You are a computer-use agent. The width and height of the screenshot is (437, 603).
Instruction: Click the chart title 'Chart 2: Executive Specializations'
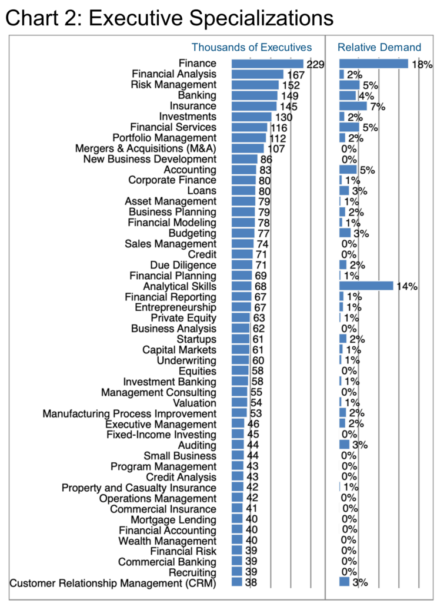169,18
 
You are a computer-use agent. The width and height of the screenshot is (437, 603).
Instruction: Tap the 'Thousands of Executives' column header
252,47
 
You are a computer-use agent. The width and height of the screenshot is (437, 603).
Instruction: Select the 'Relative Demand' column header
379,47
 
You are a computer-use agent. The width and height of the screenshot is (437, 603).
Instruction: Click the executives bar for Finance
267,64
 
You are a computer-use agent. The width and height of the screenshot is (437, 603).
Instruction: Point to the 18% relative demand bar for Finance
373,64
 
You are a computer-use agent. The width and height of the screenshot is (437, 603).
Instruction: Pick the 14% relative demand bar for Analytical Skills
366,286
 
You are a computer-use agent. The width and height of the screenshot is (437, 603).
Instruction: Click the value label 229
315,64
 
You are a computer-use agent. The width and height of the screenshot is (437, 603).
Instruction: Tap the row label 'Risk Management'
174,85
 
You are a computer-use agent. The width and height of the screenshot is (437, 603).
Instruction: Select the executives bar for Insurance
254,106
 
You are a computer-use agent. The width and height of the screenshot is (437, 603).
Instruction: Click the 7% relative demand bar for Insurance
353,106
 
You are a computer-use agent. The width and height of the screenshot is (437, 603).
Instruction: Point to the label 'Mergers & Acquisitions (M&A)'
145,148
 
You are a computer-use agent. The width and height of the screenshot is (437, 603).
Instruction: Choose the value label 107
276,149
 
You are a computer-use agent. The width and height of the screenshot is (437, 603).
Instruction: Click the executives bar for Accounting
244,170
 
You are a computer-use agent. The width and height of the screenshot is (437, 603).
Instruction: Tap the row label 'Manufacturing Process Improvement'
130,413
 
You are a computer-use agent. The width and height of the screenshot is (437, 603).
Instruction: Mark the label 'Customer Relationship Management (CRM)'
113,583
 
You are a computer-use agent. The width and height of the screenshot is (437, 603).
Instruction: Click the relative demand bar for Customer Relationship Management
345,582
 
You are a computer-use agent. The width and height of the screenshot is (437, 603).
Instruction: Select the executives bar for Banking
254,95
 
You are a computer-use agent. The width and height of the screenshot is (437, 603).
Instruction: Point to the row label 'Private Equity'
184,318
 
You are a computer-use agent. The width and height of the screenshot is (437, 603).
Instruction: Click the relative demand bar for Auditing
345,445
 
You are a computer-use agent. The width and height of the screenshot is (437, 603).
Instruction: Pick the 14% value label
407,287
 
